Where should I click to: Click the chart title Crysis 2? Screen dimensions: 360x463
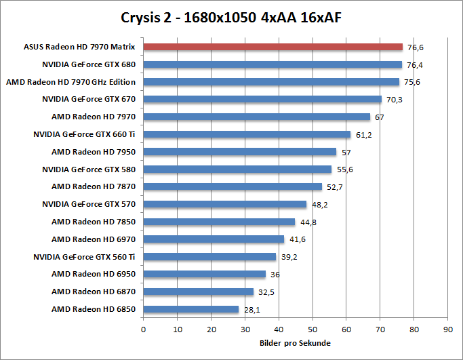click(231, 16)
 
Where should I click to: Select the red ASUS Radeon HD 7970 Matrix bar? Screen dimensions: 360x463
click(273, 47)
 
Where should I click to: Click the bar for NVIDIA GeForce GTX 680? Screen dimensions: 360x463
click(273, 64)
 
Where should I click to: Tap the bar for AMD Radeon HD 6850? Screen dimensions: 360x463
click(191, 309)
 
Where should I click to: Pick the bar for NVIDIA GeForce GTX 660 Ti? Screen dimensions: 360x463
click(247, 134)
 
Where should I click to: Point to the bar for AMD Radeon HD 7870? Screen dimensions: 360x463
click(233, 186)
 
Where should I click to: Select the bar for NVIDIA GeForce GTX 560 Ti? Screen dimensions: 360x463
click(209, 257)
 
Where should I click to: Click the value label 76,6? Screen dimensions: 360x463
click(415, 47)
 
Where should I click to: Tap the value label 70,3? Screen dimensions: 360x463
click(394, 100)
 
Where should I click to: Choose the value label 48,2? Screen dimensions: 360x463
click(319, 205)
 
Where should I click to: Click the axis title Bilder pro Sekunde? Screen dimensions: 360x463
click(295, 343)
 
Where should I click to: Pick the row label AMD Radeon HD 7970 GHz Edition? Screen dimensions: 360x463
click(71, 82)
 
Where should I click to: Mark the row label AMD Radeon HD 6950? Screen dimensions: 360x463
click(94, 274)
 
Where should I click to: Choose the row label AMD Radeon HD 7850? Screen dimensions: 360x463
click(94, 222)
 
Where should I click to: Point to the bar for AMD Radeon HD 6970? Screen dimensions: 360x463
click(214, 239)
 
